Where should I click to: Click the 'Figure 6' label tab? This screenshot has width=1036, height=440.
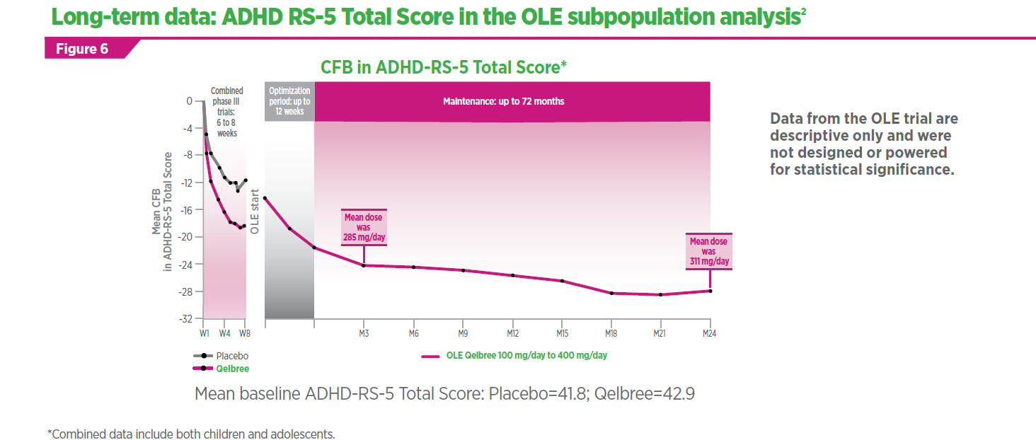tap(82, 49)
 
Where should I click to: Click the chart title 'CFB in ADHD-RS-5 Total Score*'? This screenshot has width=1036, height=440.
tap(444, 68)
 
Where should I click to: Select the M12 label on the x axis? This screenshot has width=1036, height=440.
tap(512, 333)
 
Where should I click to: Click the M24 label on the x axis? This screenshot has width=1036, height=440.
tap(709, 333)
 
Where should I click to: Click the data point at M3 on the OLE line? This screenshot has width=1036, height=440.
tap(363, 265)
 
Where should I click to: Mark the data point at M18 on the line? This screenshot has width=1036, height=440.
tap(611, 293)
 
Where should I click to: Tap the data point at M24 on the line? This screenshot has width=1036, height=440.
tap(709, 291)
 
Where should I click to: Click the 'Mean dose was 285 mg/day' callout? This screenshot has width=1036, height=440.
tap(364, 228)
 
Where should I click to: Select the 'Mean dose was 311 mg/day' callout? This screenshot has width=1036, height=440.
tap(709, 251)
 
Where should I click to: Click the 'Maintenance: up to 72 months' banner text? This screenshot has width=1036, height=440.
tap(504, 101)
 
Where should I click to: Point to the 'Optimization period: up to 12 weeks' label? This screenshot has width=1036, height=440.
tap(289, 101)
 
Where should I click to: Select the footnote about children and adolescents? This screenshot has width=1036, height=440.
tap(191, 433)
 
